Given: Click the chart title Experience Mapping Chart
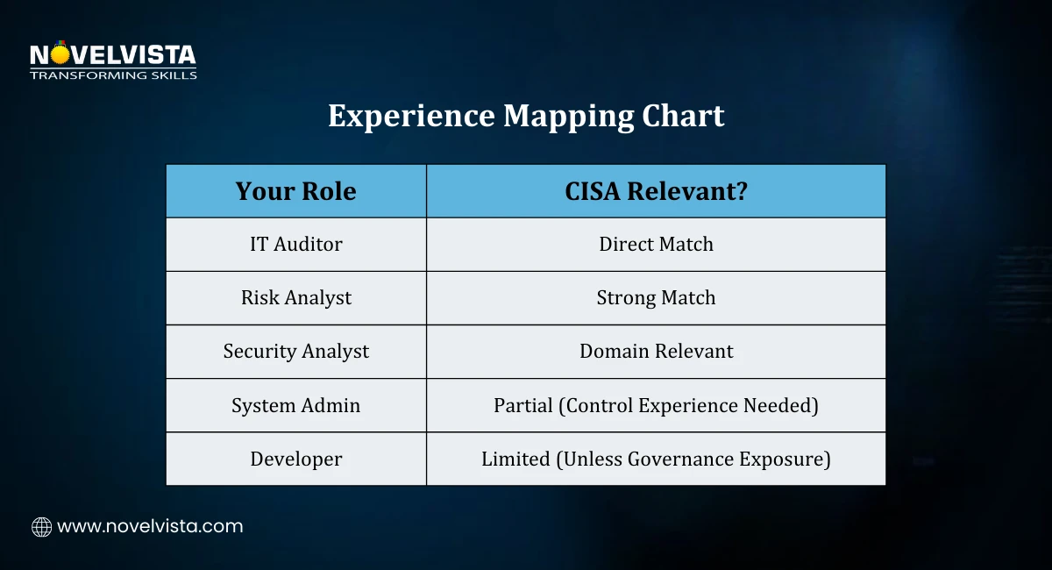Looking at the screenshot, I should (526, 116).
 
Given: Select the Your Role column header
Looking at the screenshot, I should (296, 191).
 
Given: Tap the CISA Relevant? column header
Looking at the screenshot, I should (656, 191).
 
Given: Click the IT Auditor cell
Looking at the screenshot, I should (296, 245).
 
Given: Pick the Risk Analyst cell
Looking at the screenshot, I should (296, 298).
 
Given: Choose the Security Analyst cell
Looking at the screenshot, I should (296, 352).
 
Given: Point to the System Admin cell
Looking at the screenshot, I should (296, 405).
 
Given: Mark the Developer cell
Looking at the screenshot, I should (296, 459).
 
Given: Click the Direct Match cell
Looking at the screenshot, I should (656, 245).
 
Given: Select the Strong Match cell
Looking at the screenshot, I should (656, 298).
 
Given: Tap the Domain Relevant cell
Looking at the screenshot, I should (656, 352).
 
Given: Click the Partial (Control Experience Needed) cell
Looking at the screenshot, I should (656, 405).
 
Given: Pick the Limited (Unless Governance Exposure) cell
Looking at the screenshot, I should (656, 459).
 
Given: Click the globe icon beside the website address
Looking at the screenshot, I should (41, 527).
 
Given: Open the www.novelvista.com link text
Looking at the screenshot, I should (150, 527).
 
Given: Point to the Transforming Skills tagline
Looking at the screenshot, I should (113, 75).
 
